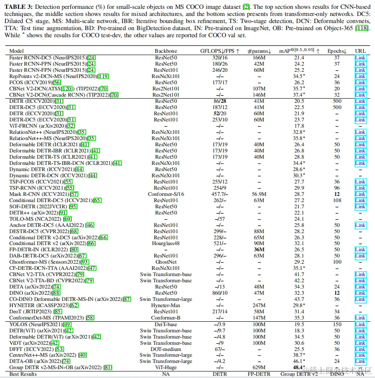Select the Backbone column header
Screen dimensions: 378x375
pos(166,51)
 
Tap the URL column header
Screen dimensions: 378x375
pos(360,51)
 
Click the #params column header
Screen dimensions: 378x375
pos(259,51)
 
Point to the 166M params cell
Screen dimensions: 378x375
pos(259,58)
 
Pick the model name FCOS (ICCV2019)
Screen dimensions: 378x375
pos(31,82)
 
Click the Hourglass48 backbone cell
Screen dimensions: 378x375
pos(166,243)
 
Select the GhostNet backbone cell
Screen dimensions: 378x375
pos(166,262)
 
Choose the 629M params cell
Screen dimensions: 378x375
pos(259,368)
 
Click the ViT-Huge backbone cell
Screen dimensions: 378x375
pos(166,368)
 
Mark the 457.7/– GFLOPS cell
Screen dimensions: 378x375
pos(219,194)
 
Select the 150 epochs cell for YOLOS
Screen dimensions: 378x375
pos(337,324)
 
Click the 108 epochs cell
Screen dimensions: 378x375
pos(337,200)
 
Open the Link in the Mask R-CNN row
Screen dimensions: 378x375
pos(360,194)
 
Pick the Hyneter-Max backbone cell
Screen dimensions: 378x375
pos(166,305)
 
